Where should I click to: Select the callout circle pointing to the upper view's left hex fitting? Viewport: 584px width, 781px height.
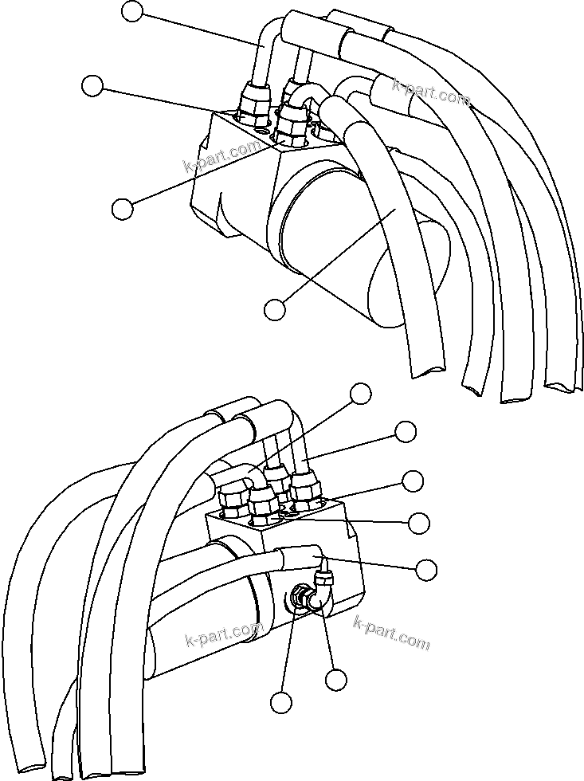(93, 86)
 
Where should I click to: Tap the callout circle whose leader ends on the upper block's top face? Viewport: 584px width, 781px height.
(122, 208)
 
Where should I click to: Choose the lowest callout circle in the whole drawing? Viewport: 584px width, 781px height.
(280, 702)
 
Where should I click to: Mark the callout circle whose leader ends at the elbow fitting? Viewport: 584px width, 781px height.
(336, 680)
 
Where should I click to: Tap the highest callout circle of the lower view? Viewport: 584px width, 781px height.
(362, 393)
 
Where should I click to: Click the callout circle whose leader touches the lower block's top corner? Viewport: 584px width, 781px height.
(413, 481)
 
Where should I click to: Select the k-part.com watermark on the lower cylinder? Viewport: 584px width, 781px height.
(223, 634)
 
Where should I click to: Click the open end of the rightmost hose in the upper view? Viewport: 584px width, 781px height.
(564, 384)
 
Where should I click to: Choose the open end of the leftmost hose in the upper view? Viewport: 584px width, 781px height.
(429, 368)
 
